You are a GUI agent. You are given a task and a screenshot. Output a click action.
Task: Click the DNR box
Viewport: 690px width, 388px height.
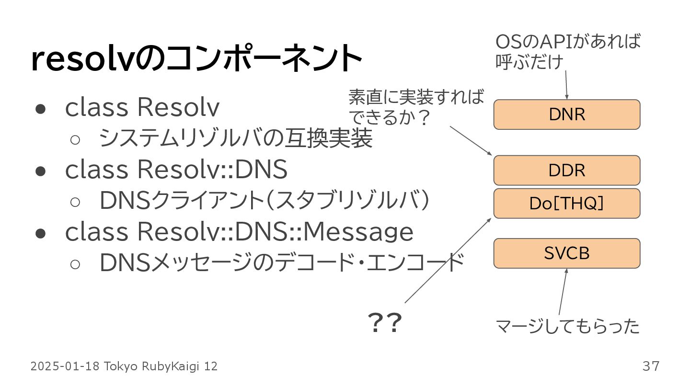[x=567, y=114]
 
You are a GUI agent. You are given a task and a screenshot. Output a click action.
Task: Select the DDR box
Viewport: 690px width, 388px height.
[x=567, y=170]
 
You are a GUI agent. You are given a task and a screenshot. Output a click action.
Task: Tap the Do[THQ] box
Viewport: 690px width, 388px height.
[x=567, y=203]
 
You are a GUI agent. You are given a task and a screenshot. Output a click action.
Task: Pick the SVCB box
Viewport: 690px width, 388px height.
[x=567, y=253]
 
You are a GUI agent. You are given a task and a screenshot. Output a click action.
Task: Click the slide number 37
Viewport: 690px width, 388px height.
[x=651, y=366]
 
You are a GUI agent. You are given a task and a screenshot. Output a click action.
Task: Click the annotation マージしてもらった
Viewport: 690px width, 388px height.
[x=567, y=327]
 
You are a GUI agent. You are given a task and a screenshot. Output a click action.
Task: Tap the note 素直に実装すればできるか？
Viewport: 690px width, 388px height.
[x=416, y=107]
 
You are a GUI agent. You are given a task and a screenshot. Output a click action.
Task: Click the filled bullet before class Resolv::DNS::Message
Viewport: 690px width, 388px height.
[x=40, y=233]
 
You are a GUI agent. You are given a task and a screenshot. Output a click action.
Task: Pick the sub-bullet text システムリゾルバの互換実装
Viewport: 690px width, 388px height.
[x=235, y=139]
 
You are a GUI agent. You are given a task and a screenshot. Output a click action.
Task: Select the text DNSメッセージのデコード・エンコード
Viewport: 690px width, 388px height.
[x=282, y=263]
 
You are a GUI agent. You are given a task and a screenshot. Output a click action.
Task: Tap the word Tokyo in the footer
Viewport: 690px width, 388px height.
[x=120, y=366]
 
